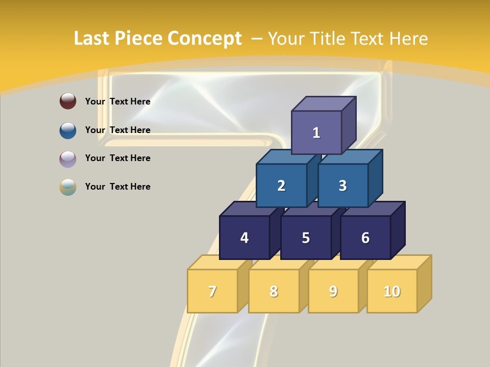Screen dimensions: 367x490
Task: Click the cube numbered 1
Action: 316,133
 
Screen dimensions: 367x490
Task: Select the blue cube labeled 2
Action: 281,186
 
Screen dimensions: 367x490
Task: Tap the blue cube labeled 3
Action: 342,186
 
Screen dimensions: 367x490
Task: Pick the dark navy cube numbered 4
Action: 244,238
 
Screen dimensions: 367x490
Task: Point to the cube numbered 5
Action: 306,238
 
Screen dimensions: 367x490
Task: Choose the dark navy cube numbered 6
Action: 365,238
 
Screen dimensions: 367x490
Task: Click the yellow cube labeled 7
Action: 212,291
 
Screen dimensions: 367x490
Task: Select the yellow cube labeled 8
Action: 274,291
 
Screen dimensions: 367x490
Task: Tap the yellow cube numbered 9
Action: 333,291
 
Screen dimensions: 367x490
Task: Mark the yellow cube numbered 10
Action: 391,291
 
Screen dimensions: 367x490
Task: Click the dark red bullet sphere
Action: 68,101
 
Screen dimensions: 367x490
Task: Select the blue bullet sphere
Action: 68,130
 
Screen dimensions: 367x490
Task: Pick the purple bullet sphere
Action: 68,159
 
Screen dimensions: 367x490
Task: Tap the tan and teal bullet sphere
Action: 68,187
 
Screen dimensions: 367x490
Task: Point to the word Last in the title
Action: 92,39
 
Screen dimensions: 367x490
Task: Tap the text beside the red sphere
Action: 118,101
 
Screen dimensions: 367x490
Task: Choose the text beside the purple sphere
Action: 118,158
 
